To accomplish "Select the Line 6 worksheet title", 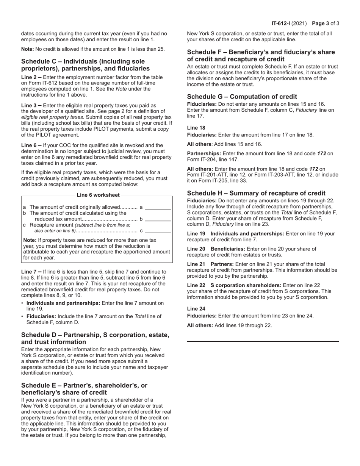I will (98, 195).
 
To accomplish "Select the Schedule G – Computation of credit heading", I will (242, 97).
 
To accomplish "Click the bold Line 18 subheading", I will (196, 128).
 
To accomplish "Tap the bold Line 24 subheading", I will (196, 309).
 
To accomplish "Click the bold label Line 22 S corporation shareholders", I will (234, 285).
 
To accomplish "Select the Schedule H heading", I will (256, 193).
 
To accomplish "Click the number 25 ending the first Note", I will (161, 49).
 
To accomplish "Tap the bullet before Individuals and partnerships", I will (23, 303).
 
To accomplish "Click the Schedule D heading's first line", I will (95, 335).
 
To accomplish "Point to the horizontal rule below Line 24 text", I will (263, 341).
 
